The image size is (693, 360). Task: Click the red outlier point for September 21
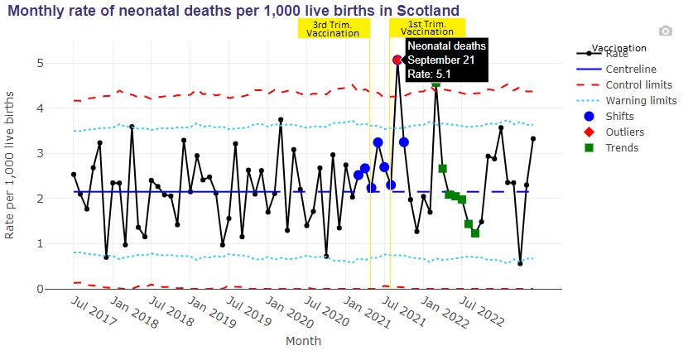397,60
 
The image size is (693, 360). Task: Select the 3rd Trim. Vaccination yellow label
333,28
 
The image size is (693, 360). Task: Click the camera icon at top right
665,31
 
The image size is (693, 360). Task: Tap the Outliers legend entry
624,132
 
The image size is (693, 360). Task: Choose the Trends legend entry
621,147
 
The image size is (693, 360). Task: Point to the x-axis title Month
303,340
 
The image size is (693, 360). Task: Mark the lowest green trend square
475,233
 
